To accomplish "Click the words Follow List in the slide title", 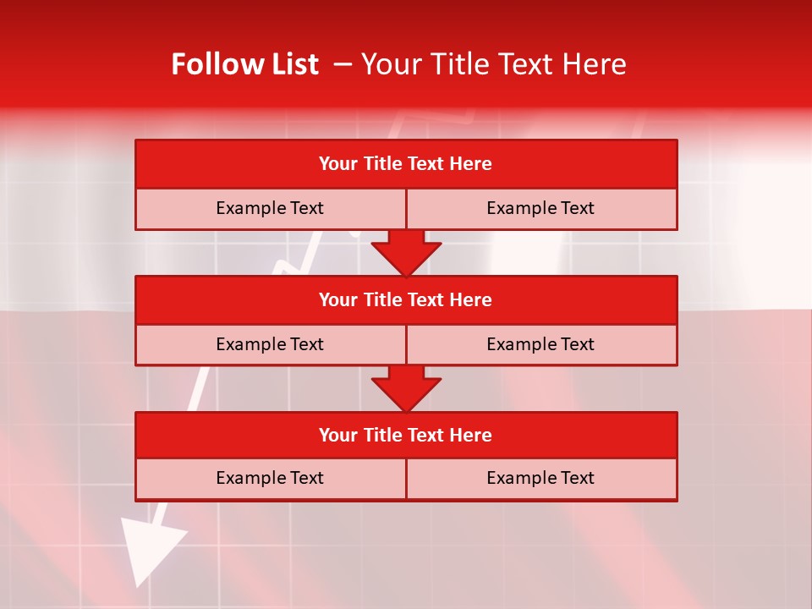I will click(244, 64).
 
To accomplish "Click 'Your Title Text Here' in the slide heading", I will click(494, 64).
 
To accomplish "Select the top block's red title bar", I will click(406, 163).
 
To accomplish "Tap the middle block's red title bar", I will click(406, 299).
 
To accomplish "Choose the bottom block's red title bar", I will click(406, 435).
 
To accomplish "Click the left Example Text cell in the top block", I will click(270, 208).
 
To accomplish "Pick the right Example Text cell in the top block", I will click(540, 208).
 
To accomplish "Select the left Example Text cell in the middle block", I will click(270, 344).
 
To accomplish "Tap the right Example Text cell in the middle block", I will click(540, 344).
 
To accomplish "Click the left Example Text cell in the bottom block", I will click(270, 478).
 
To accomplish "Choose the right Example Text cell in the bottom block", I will click(540, 478).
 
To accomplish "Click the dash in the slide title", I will click(343, 64).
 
